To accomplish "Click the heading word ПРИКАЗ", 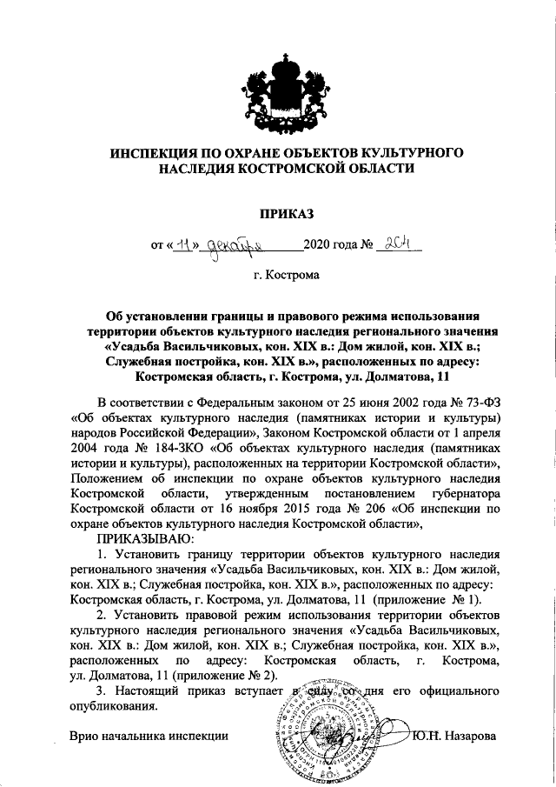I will click(277, 211).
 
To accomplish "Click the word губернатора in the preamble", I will click(460, 492).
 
